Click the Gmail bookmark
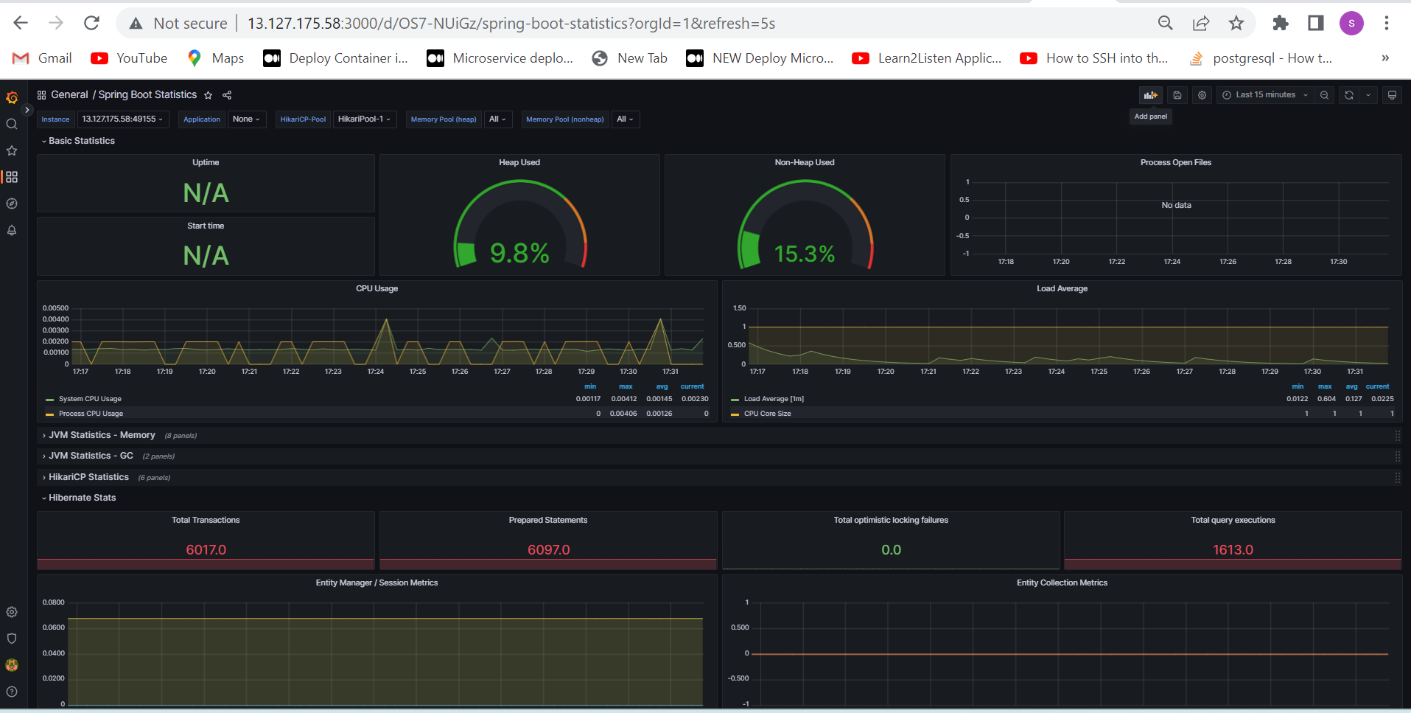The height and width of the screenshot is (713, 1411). click(42, 58)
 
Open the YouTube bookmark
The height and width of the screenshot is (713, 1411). click(129, 58)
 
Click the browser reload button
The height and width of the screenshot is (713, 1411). click(91, 23)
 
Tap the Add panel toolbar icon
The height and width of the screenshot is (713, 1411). click(1150, 95)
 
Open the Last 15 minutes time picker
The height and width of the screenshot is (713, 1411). click(1264, 95)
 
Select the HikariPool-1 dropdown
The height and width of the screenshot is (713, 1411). click(365, 119)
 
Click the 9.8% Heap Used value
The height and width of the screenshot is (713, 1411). click(519, 254)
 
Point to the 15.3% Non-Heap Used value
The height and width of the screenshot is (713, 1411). click(805, 254)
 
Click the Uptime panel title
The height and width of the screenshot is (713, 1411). click(206, 162)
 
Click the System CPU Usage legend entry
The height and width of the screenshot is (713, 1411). click(90, 399)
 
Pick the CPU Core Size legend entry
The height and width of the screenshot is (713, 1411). click(767, 414)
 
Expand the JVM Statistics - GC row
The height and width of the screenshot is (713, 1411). click(91, 456)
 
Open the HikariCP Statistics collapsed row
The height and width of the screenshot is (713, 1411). click(88, 477)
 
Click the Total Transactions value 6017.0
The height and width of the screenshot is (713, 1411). click(206, 550)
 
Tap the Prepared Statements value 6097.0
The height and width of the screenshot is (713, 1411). click(549, 550)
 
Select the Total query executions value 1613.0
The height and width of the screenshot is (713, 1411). click(1233, 550)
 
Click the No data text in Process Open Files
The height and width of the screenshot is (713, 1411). click(1176, 205)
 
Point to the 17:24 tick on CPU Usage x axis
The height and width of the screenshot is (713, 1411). click(376, 372)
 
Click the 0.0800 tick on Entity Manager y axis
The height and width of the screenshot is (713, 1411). click(54, 602)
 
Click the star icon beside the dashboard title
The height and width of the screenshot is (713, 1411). click(209, 95)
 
